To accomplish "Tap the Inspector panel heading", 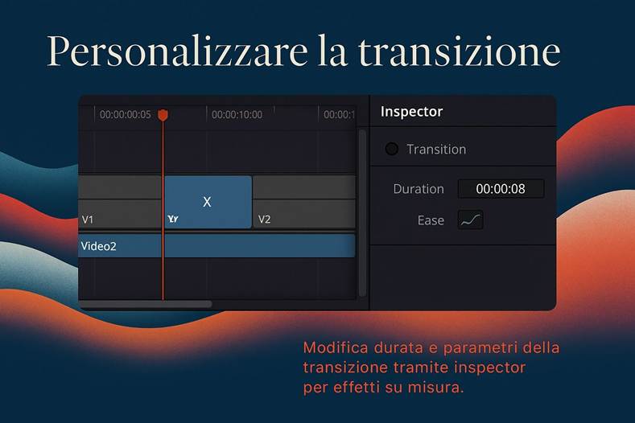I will point(411,112).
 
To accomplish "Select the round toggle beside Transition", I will point(392,149).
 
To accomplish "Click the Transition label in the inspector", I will point(436,150).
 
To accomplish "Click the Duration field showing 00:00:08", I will point(501,189).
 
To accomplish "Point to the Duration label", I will point(419,189).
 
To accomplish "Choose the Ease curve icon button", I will point(470,220).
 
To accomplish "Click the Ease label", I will point(431,220).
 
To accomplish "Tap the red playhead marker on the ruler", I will point(163,116).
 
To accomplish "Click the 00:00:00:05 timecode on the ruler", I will point(125,115).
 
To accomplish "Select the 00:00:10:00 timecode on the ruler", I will point(237,115).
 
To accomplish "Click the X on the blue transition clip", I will point(207,202).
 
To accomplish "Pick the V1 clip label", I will point(89,219).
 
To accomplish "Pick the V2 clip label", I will point(264,219).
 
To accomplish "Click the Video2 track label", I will point(98,246).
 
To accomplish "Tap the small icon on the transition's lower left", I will point(172,219).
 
